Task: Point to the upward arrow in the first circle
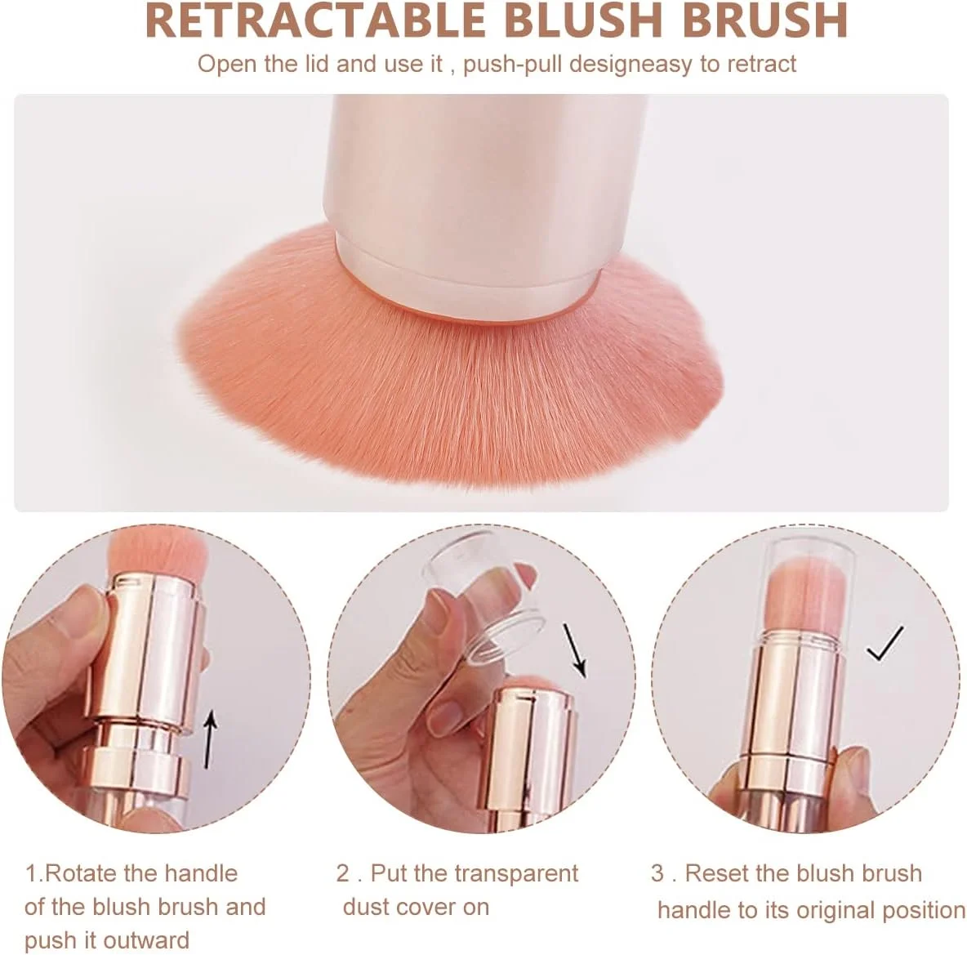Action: coord(211,739)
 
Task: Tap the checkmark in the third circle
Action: coord(885,643)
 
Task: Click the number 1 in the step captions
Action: coord(30,873)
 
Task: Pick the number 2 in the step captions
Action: coord(343,873)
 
